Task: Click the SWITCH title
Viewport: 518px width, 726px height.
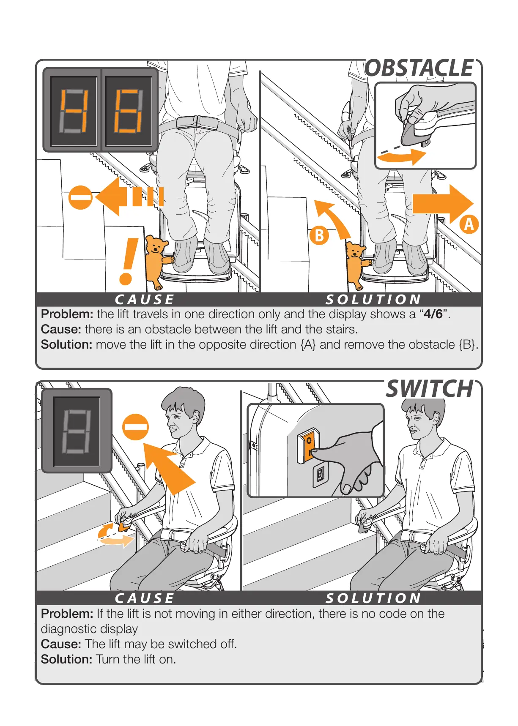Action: click(x=430, y=389)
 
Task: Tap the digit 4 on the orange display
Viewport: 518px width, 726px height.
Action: click(x=74, y=111)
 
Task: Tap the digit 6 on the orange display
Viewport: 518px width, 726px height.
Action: click(x=128, y=111)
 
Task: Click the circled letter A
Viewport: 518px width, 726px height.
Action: click(x=469, y=224)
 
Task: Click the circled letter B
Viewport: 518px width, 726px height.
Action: click(x=319, y=235)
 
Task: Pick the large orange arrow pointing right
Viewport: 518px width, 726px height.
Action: click(x=442, y=204)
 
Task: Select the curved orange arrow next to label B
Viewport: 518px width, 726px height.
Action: click(x=334, y=218)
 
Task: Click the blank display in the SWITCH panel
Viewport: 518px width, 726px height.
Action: click(x=77, y=431)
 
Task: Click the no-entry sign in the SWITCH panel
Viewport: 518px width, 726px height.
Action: click(x=135, y=427)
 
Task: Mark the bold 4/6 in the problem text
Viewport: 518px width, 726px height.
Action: click(x=433, y=314)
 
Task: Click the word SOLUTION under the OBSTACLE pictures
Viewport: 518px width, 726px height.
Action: click(x=373, y=300)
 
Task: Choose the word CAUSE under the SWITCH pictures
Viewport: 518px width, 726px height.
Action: click(x=145, y=598)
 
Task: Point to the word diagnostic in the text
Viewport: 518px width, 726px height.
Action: click(x=89, y=629)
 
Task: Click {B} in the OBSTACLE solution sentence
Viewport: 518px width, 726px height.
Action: click(x=467, y=345)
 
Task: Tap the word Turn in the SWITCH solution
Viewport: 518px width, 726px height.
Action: click(x=108, y=659)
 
